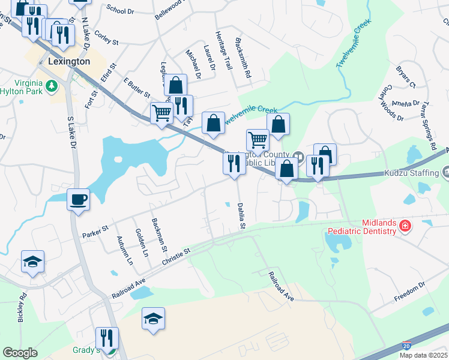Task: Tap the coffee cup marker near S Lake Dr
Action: [x=78, y=199]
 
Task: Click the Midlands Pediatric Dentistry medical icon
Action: [x=405, y=227]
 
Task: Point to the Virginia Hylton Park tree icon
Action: [x=52, y=86]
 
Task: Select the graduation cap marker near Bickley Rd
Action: [x=32, y=261]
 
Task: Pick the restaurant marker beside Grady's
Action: [x=107, y=338]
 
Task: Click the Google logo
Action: [x=20, y=353]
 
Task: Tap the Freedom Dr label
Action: [x=409, y=290]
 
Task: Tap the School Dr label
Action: [x=120, y=9]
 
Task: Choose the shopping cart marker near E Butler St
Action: [x=161, y=113]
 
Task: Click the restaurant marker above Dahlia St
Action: [x=234, y=163]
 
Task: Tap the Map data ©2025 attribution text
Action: [x=424, y=355]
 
